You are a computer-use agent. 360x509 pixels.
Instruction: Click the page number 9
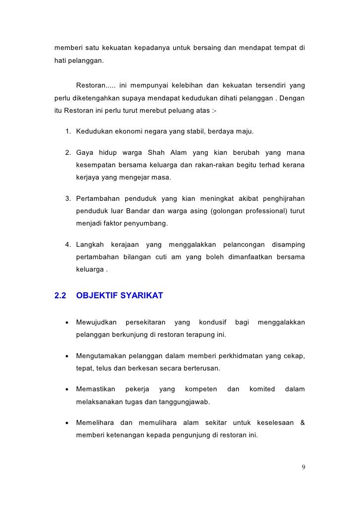coord(303,467)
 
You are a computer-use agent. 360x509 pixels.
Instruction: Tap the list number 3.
coord(68,199)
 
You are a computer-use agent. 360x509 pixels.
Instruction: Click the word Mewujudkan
coord(96,323)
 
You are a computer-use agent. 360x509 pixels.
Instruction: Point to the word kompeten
coord(201,390)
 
